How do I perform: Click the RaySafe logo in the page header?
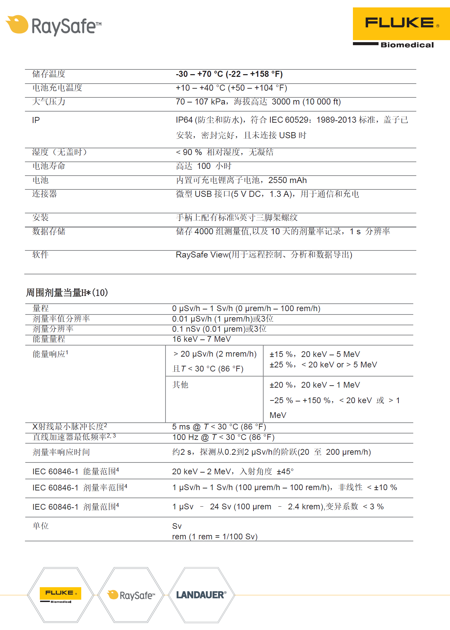pyautogui.click(x=54, y=26)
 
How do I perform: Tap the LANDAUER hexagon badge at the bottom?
pyautogui.click(x=201, y=595)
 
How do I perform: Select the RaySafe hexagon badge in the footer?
pyautogui.click(x=131, y=595)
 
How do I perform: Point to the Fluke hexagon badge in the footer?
pyautogui.click(x=61, y=595)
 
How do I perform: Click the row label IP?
pyautogui.click(x=36, y=120)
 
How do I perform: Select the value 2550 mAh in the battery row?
pyautogui.click(x=288, y=180)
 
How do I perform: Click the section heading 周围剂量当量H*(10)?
pyautogui.click(x=67, y=293)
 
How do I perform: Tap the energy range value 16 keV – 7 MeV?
pyautogui.click(x=201, y=339)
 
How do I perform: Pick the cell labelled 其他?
pyautogui.click(x=180, y=385)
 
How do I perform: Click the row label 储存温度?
pyautogui.click(x=49, y=74)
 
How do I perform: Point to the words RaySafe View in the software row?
pyautogui.click(x=202, y=255)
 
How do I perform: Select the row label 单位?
pyautogui.click(x=40, y=526)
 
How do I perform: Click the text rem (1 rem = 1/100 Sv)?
pyautogui.click(x=215, y=537)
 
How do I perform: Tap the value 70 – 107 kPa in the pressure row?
pyautogui.click(x=201, y=102)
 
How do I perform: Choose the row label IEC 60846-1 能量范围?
pyautogui.click(x=76, y=471)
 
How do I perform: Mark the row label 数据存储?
pyautogui.click(x=49, y=231)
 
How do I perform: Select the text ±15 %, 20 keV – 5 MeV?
pyautogui.click(x=314, y=354)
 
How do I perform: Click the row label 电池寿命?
pyautogui.click(x=49, y=166)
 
